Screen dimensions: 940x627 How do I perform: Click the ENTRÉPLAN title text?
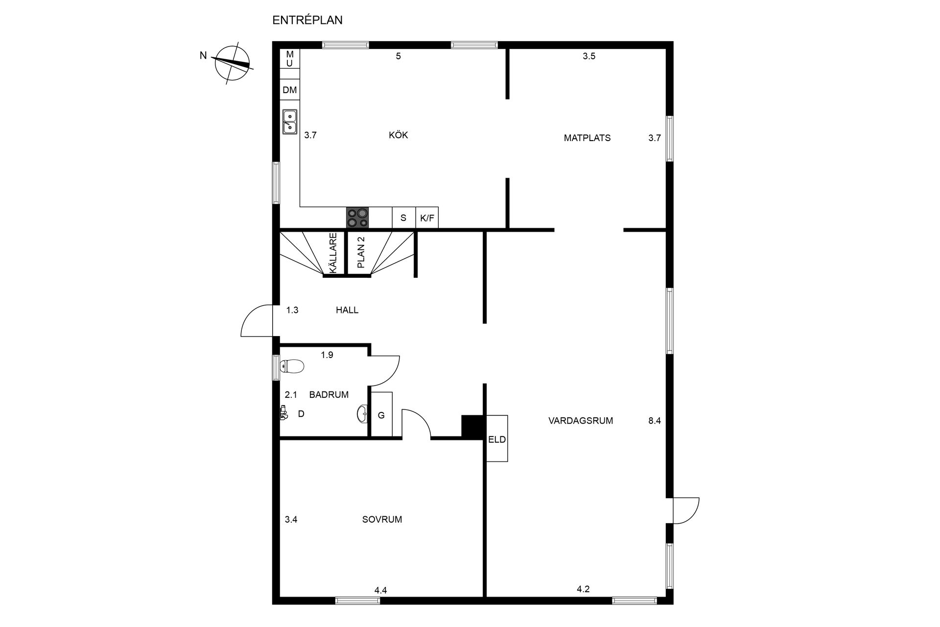pos(307,20)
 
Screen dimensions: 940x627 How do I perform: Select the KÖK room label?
pos(398,135)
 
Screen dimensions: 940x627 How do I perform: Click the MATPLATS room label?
pos(587,138)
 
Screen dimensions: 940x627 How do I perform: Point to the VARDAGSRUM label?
pos(581,420)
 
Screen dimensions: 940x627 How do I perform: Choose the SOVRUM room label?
pos(382,520)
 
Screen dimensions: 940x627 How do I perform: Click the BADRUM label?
pos(329,395)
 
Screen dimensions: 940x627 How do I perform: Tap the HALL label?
pos(347,310)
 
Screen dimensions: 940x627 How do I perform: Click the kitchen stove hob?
pos(357,217)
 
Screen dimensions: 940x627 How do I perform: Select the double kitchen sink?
pos(290,121)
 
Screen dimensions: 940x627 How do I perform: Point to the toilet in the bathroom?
pos(292,366)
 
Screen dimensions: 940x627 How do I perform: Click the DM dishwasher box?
pos(290,90)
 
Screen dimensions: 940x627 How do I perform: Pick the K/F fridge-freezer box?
pos(427,218)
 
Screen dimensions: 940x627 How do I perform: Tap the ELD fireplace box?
pos(497,438)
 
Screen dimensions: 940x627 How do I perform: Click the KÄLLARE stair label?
pos(333,253)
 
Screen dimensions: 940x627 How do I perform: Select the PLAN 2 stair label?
pos(361,253)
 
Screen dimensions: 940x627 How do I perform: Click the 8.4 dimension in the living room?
pos(655,420)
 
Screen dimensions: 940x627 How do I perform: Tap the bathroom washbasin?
pos(362,414)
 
